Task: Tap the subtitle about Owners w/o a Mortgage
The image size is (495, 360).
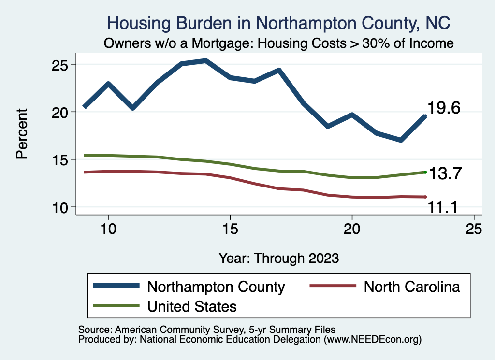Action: coord(279,43)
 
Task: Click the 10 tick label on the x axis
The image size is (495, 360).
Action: coord(108,228)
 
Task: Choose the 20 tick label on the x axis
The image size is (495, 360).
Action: coord(352,228)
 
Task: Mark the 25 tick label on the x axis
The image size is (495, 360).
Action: coord(474,228)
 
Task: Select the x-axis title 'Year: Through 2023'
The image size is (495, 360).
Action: coord(278,258)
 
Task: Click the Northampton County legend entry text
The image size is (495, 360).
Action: coord(216,287)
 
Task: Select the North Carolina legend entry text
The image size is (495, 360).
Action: coord(411,287)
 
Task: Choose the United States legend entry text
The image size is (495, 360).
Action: coord(192,306)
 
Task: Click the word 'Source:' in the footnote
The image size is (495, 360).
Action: coord(95,330)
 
